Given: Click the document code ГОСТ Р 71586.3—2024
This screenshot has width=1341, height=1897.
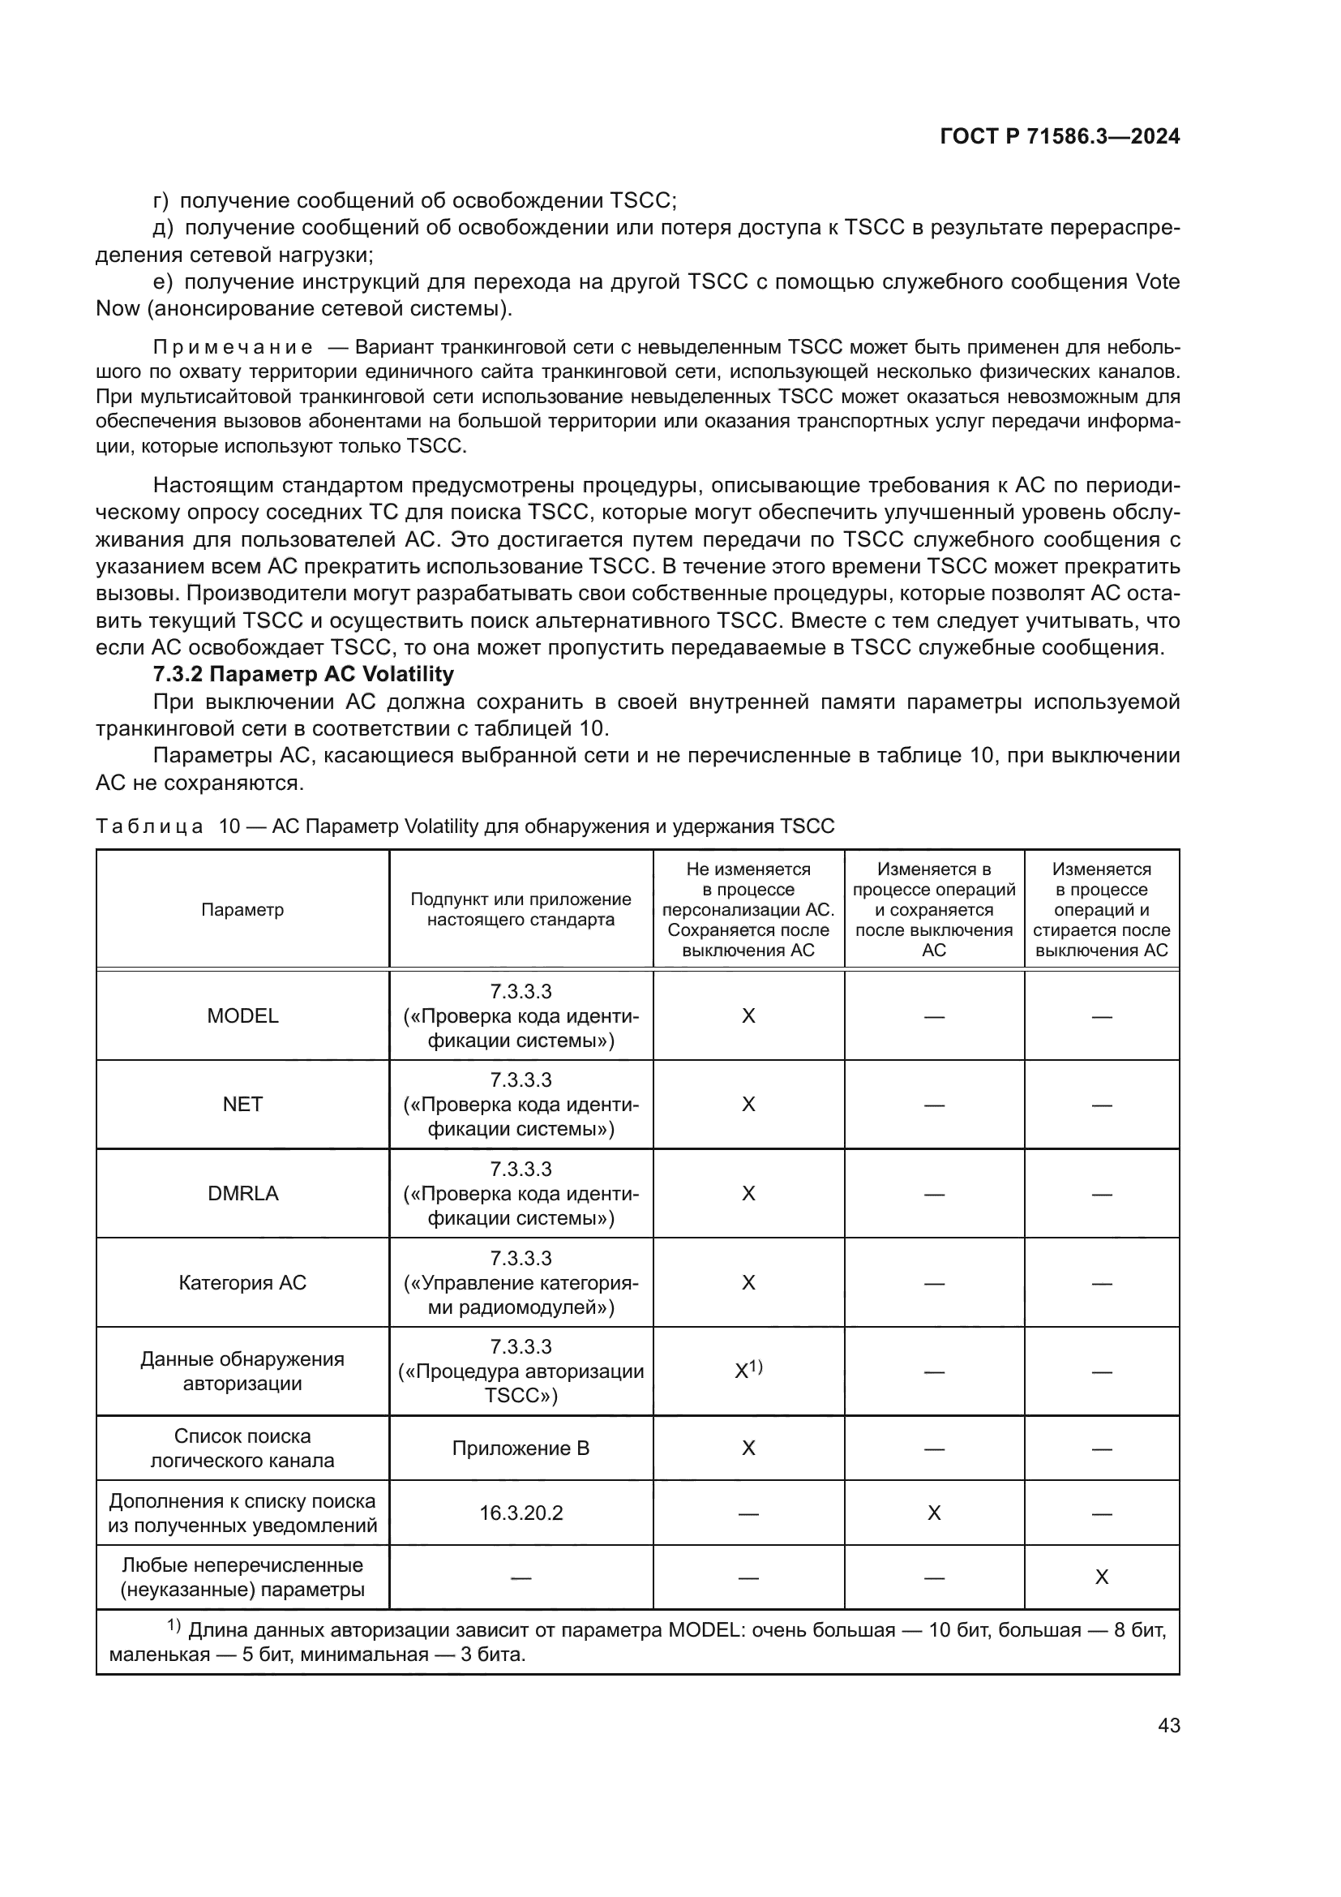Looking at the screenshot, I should (1060, 137).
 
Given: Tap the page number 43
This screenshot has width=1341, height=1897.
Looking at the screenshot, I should (1168, 1725).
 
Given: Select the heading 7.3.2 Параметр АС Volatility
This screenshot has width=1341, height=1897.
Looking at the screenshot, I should (303, 674).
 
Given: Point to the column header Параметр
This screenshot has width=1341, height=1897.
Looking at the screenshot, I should (242, 910).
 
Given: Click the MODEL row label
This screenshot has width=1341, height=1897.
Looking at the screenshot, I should (242, 1015).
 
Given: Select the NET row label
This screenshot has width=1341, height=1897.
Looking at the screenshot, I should (242, 1105).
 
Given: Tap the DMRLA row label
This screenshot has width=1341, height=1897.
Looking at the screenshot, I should (242, 1193).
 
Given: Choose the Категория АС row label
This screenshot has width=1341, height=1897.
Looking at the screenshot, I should (242, 1282).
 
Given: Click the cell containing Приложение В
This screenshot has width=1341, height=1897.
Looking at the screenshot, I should (521, 1448).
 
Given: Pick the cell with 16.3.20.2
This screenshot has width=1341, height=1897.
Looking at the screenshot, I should (521, 1513).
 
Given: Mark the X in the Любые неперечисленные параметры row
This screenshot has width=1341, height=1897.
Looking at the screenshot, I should (1101, 1577).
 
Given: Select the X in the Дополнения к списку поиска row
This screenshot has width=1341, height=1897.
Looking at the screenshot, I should (933, 1513).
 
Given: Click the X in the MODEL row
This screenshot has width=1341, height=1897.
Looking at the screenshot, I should (748, 1015).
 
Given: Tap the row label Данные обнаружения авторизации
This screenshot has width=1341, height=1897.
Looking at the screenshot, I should (242, 1371).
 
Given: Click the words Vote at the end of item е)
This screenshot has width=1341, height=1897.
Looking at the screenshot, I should (1158, 281).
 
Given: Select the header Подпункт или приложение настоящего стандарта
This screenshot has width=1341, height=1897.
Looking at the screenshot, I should (521, 910).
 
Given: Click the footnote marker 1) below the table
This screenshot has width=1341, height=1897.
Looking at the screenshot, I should (174, 1626).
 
